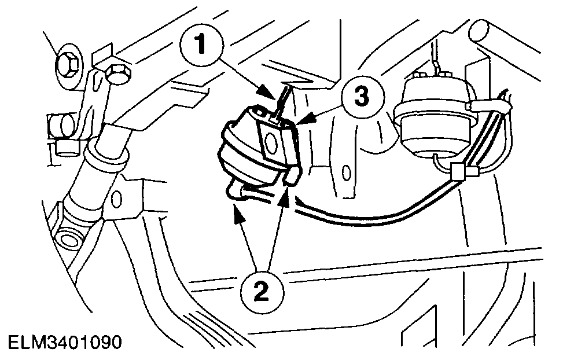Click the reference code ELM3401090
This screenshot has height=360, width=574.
point(61,342)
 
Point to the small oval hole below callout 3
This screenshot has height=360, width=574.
point(347,173)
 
